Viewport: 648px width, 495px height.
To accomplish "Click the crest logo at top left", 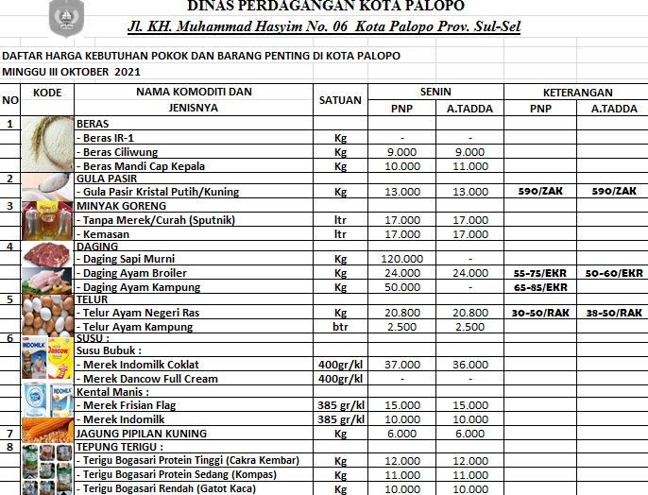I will tap(65, 16).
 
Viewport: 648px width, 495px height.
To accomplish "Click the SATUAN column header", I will tap(340, 99).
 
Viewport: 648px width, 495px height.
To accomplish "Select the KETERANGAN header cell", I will tap(577, 92).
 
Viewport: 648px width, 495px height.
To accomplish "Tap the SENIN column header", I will tap(435, 92).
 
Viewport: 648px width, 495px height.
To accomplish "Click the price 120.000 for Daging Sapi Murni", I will tap(401, 258).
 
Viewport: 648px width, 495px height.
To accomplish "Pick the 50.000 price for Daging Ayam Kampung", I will tap(401, 286).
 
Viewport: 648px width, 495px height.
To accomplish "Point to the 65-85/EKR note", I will tap(540, 286).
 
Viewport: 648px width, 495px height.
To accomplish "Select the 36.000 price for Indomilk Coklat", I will tap(469, 364).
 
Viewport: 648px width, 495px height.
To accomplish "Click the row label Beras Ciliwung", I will tap(120, 151).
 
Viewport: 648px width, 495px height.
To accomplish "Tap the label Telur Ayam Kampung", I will tap(136, 327).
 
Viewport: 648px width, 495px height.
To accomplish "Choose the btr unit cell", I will tap(340, 327).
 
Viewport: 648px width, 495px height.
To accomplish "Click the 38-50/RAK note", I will tap(613, 313).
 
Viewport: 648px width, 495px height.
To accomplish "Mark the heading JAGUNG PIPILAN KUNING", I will tap(143, 433).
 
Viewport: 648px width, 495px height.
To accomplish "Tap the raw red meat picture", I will tap(47, 252).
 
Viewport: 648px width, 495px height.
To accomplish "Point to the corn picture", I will tap(47, 433).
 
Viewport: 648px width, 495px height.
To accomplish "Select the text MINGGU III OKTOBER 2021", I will tap(71, 71).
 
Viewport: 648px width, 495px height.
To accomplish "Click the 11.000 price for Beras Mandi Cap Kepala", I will tap(469, 165).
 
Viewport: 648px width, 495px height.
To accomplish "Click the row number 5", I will tap(9, 299).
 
